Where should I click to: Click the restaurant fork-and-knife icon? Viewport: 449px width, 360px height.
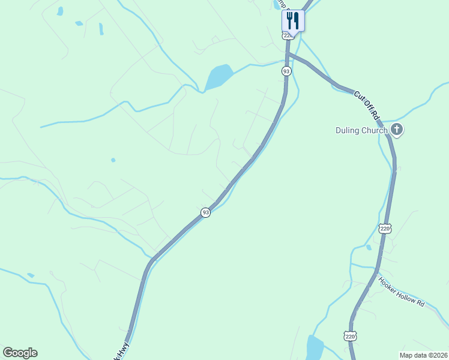(x=293, y=20)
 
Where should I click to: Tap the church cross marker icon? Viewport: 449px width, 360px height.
(x=396, y=129)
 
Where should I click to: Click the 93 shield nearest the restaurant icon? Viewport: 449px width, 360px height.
(x=286, y=71)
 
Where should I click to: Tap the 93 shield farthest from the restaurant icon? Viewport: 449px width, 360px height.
(x=205, y=212)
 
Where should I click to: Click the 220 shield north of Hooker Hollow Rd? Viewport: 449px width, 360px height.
(x=385, y=229)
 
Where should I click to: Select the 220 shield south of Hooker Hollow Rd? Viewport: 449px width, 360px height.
(x=351, y=336)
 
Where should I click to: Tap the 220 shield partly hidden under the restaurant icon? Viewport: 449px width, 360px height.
(x=288, y=35)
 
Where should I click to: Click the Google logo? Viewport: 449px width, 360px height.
(x=20, y=353)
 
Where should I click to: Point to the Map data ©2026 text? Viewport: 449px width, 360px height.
(x=423, y=355)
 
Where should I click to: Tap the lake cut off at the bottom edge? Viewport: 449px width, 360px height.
(x=315, y=348)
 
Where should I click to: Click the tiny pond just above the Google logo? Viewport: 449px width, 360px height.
(x=30, y=275)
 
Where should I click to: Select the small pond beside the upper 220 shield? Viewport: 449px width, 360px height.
(x=369, y=247)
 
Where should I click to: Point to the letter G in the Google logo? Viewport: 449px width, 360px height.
(x=7, y=353)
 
